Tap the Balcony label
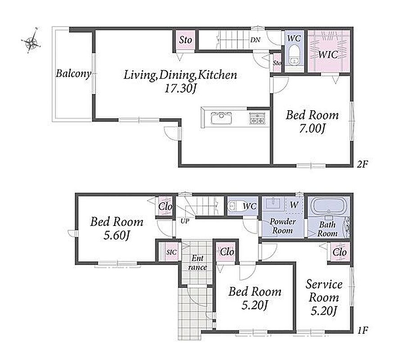(x=73, y=73)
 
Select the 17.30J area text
(x=180, y=88)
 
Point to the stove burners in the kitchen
(x=257, y=118)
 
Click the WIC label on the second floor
(x=328, y=54)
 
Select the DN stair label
(x=255, y=40)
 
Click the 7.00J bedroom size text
(x=312, y=129)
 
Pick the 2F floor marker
(x=362, y=164)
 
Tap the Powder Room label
(x=282, y=226)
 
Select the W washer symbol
(x=294, y=205)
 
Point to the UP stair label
(x=185, y=221)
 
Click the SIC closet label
(x=172, y=252)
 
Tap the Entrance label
(x=198, y=263)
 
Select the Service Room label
(x=324, y=291)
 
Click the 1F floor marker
(x=362, y=330)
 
